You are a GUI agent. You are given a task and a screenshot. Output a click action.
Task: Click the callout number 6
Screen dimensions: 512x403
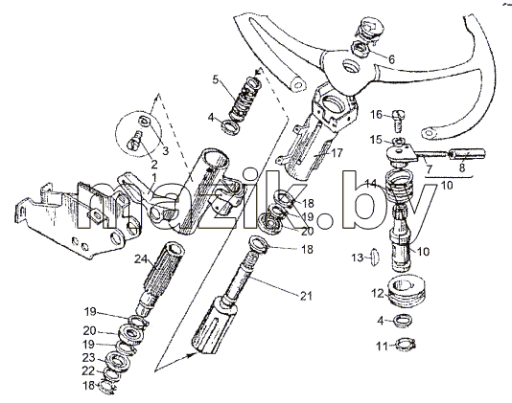391,59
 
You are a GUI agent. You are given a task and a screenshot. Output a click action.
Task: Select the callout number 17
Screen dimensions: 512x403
337,152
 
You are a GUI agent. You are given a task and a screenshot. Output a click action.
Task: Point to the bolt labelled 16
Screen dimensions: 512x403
398,120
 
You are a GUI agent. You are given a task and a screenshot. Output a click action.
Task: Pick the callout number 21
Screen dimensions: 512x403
306,296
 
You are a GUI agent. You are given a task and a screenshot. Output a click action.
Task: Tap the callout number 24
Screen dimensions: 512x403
141,258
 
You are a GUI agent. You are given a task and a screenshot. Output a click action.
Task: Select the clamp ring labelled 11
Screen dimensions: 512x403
406,345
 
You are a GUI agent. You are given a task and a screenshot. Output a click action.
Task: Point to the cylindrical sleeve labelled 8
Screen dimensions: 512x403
468,154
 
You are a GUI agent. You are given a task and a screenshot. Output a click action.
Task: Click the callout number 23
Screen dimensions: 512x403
89,358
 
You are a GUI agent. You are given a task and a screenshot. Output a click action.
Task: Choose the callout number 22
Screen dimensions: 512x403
88,371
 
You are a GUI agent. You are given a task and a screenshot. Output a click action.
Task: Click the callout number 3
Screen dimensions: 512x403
166,150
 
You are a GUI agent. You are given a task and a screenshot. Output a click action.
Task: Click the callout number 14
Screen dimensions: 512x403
371,184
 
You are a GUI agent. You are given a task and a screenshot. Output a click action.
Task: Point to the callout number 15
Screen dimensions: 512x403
376,140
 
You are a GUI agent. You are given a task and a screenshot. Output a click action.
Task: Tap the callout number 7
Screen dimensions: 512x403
429,168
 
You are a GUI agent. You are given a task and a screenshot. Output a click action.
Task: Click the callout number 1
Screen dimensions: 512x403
153,177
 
